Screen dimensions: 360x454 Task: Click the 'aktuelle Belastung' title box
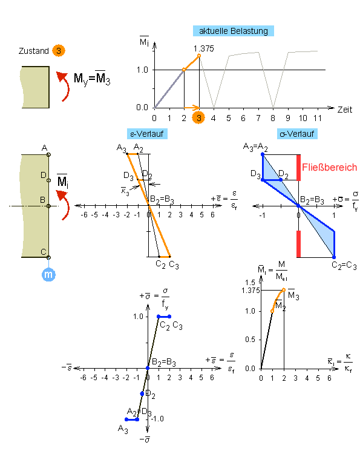pyautogui.click(x=234, y=31)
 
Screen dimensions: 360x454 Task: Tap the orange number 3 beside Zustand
pyautogui.click(x=59, y=51)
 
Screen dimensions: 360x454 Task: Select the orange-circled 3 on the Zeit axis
pyautogui.click(x=198, y=118)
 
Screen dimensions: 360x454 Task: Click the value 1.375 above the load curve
pyautogui.click(x=204, y=48)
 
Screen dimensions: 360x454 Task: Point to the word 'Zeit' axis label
pyautogui.click(x=345, y=110)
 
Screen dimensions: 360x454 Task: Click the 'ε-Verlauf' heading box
pyautogui.click(x=147, y=134)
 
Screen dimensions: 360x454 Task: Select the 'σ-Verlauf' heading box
pyautogui.click(x=297, y=134)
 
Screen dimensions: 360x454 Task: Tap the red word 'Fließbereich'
pyautogui.click(x=329, y=167)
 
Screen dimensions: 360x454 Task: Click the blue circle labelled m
pyautogui.click(x=48, y=274)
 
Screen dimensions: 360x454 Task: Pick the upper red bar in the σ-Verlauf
pyautogui.click(x=298, y=168)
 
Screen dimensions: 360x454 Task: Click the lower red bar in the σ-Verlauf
pyautogui.click(x=298, y=244)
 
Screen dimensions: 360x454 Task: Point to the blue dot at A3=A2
pyautogui.click(x=263, y=154)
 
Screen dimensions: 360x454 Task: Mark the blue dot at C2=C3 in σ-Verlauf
pyautogui.click(x=334, y=257)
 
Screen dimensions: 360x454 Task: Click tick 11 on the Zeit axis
pyautogui.click(x=318, y=118)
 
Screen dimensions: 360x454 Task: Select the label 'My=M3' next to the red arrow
pyautogui.click(x=92, y=78)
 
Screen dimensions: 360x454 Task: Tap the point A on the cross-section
pyautogui.click(x=48, y=154)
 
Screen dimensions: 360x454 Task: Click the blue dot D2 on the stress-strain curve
pyautogui.click(x=142, y=394)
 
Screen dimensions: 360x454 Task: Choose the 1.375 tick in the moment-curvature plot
pyautogui.click(x=250, y=291)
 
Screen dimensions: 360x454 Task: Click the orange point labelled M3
pyautogui.click(x=284, y=290)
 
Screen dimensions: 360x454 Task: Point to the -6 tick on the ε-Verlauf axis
pyautogui.click(x=84, y=215)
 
